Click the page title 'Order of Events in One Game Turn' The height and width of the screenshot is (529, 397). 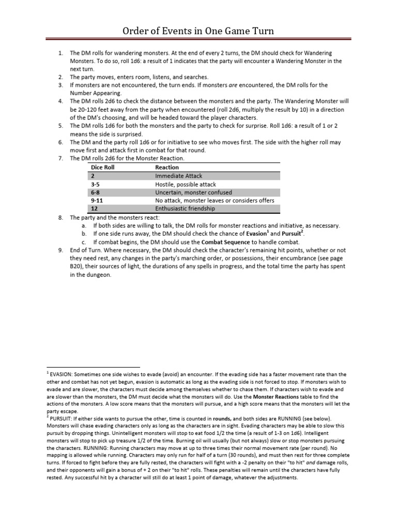pos(198,32)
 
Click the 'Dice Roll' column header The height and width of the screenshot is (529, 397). pos(102,167)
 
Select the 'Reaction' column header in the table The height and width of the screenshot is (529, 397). pos(166,167)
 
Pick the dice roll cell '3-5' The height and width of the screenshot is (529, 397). pos(96,184)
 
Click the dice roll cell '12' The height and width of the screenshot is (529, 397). pos(94,209)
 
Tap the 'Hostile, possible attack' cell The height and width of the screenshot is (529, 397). pos(186,184)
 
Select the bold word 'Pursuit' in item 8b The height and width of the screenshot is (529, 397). pos(291,234)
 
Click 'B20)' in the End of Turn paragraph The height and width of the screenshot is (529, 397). pos(78,267)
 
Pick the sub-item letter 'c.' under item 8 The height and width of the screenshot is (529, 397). pos(84,242)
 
